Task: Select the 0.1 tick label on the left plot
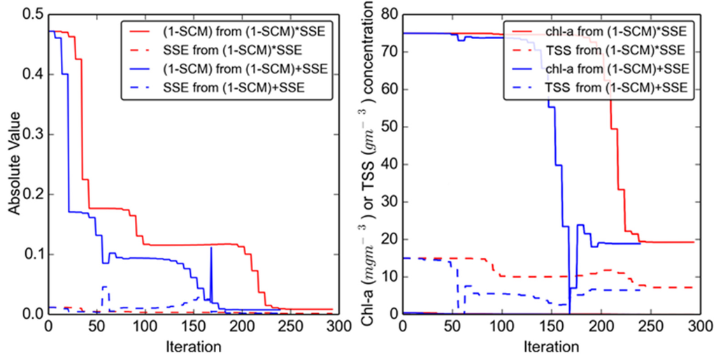tap(32, 254)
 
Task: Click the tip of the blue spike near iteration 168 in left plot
tap(210, 247)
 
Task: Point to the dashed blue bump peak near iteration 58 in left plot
tap(104, 287)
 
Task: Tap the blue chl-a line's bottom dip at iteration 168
tap(570, 312)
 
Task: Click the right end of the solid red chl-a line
tap(694, 242)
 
